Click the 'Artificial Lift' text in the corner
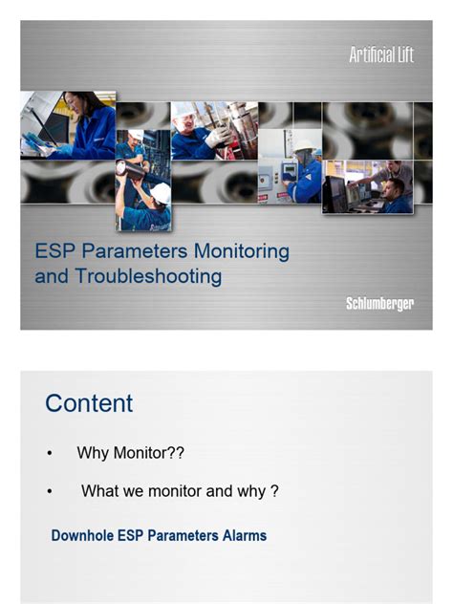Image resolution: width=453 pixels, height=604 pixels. pos(380,55)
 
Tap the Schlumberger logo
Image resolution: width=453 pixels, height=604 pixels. pos(379,304)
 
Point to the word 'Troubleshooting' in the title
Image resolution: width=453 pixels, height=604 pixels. pos(145,277)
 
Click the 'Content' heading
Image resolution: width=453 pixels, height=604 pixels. pos(89,402)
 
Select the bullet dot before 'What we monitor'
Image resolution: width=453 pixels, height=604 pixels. pos(50,491)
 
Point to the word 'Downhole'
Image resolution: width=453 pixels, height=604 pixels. pos(85,536)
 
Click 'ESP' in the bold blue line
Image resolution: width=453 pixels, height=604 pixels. pos(136,536)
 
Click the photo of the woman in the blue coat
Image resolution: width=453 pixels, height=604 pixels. pos(68,124)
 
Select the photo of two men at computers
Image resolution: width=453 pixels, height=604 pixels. pos(368,186)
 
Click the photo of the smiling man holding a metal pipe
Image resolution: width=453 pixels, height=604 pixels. pos(202,130)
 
